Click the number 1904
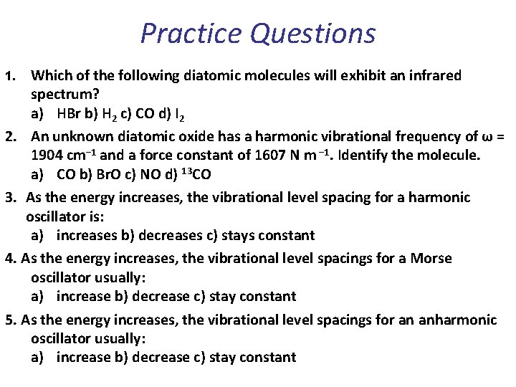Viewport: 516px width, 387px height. point(47,156)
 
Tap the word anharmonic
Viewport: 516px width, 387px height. point(460,319)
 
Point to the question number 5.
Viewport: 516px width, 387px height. point(8,319)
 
